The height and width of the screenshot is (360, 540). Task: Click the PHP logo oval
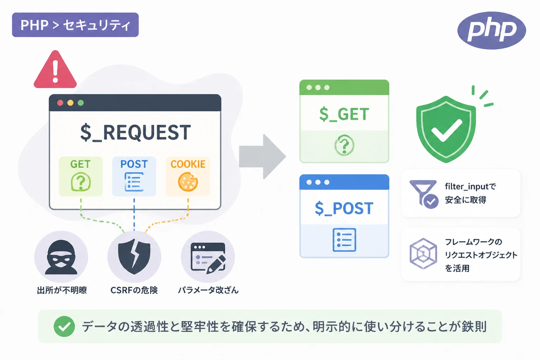point(491,30)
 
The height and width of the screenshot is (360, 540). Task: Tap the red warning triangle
point(55,70)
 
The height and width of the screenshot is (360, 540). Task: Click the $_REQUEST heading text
point(135,133)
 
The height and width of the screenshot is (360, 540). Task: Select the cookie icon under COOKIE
point(188,182)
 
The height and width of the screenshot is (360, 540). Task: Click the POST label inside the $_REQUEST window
point(134,164)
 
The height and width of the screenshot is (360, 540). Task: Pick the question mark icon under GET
point(81,182)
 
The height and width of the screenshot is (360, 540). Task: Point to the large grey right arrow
point(262,156)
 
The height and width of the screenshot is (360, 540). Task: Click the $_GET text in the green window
point(344,114)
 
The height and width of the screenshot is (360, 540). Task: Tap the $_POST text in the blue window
point(344,208)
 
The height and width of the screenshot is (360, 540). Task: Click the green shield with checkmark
point(446,129)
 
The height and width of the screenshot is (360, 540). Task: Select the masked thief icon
point(61,257)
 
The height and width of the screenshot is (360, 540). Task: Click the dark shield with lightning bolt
point(134,257)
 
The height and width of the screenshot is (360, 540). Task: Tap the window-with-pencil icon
point(208,258)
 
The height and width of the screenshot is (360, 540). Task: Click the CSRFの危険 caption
point(134,290)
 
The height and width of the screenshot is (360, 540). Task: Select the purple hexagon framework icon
point(423,254)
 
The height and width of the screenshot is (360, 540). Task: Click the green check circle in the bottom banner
point(64,327)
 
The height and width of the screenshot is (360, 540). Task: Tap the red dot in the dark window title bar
point(60,103)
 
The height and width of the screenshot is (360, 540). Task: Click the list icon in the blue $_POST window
point(344,240)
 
